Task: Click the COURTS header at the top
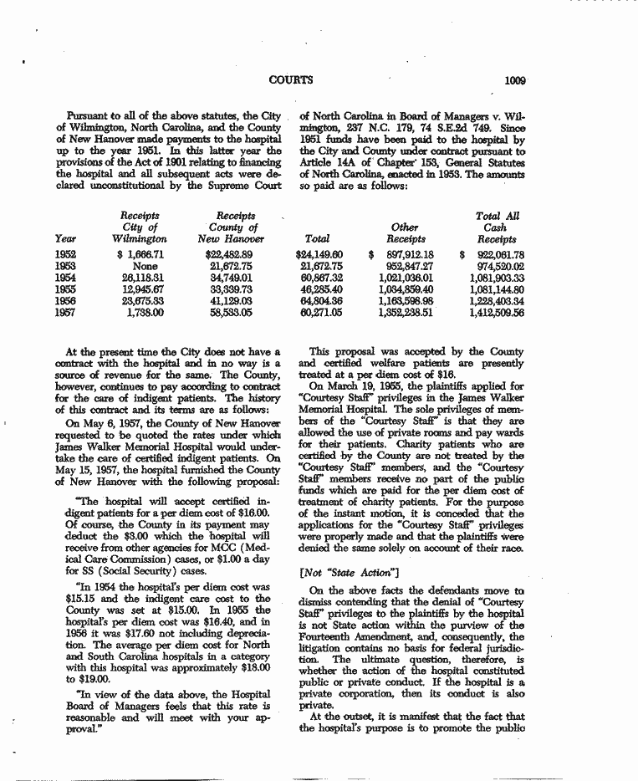291,80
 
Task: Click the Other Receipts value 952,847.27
405,266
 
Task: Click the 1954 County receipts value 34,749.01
223,278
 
